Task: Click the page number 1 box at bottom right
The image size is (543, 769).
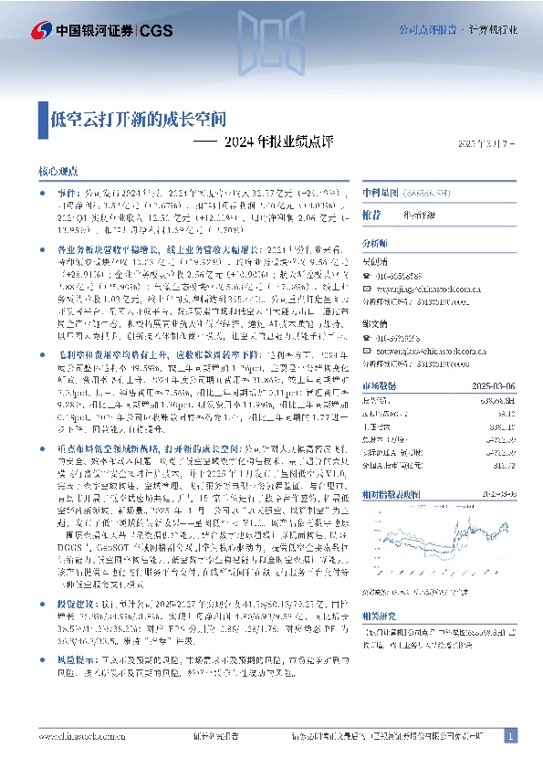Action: point(510,736)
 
